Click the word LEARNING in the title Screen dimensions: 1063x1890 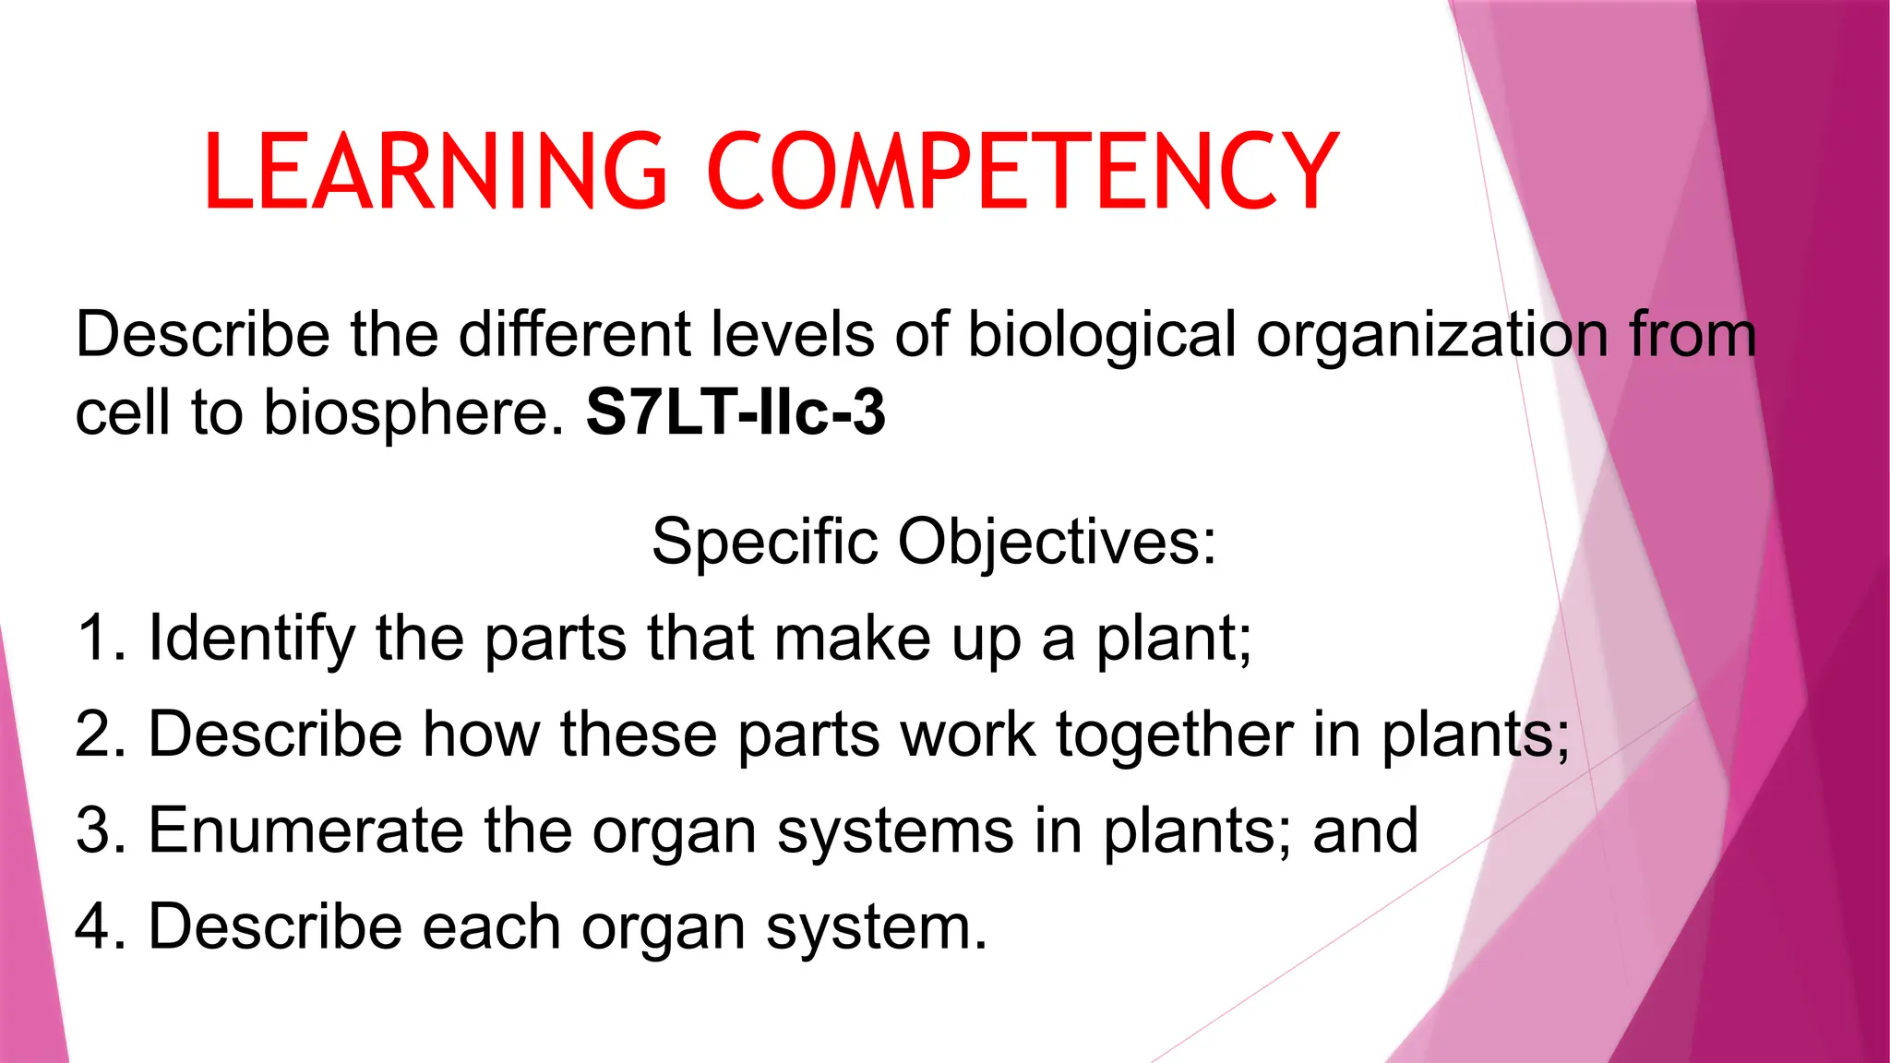pyautogui.click(x=435, y=172)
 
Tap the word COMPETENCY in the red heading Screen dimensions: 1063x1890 pyautogui.click(x=1023, y=172)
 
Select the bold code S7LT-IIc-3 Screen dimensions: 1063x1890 pyautogui.click(x=736, y=412)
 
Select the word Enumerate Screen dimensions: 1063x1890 pyautogui.click(x=305, y=830)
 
